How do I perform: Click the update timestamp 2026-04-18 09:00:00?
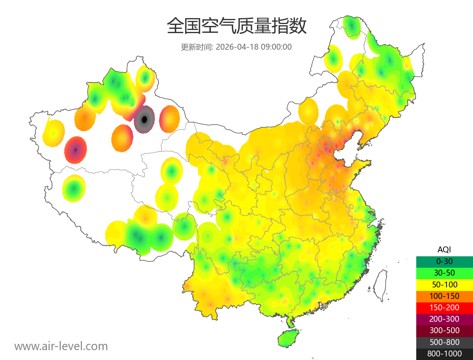[254, 47]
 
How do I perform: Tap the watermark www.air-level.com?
[61, 346]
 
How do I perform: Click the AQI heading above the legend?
[444, 249]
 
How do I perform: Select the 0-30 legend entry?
[444, 261]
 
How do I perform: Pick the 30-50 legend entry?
[444, 272]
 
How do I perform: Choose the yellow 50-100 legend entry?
[444, 284]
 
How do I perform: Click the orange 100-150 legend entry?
[444, 296]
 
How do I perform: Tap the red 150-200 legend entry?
[444, 307]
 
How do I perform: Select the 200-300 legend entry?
[444, 319]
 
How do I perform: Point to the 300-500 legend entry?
[444, 330]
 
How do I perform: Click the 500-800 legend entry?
[444, 342]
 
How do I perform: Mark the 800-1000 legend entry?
[444, 354]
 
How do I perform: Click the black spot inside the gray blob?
[144, 119]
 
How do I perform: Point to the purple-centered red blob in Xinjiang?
[75, 150]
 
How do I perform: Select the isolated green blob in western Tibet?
[74, 189]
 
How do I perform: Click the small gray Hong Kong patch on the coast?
[324, 306]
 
